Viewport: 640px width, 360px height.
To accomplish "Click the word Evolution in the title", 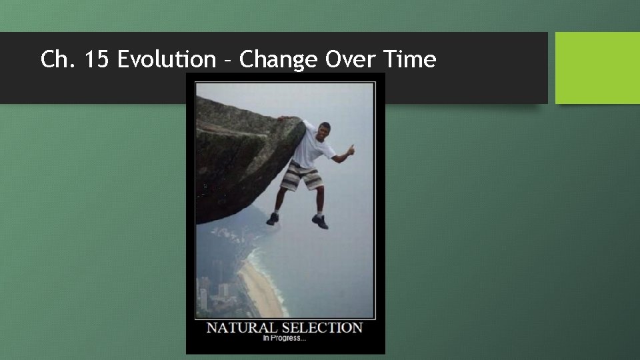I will point(167,60).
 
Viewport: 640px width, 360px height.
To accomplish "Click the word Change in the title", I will point(279,60).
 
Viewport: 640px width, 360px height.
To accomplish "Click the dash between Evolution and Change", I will point(227,61).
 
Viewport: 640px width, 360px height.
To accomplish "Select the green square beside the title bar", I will point(597,68).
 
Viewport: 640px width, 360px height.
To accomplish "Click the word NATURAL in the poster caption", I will point(241,328).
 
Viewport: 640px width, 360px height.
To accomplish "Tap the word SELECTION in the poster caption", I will point(322,328).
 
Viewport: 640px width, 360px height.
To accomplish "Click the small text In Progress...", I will point(285,339).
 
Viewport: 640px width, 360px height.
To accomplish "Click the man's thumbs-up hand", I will point(351,149).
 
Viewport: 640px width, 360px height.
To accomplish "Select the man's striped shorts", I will point(302,177).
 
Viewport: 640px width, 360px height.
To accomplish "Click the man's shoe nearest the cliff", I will point(273,219).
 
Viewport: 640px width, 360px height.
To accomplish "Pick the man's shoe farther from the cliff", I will point(320,222).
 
